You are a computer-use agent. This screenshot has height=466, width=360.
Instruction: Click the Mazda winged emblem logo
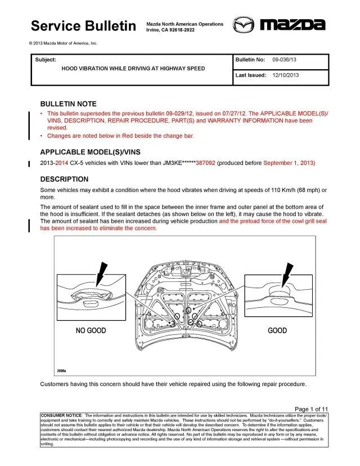pyautogui.click(x=244, y=25)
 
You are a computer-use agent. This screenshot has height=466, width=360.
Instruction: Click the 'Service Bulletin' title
pyautogui.click(x=83, y=26)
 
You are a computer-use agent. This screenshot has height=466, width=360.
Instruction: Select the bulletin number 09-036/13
pyautogui.click(x=284, y=59)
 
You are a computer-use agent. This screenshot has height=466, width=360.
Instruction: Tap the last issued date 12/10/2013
pyautogui.click(x=286, y=74)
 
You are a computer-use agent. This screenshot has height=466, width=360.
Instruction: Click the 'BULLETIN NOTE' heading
pyautogui.click(x=68, y=104)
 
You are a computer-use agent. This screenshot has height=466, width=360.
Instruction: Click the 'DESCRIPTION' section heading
pyautogui.click(x=64, y=179)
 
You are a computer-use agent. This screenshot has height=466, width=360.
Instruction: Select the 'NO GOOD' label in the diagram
pyautogui.click(x=91, y=330)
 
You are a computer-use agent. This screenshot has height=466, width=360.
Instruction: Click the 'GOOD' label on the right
pyautogui.click(x=277, y=330)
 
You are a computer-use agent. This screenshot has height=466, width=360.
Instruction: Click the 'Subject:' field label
pyautogui.click(x=45, y=59)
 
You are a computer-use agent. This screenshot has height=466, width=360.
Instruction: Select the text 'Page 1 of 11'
pyautogui.click(x=311, y=409)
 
